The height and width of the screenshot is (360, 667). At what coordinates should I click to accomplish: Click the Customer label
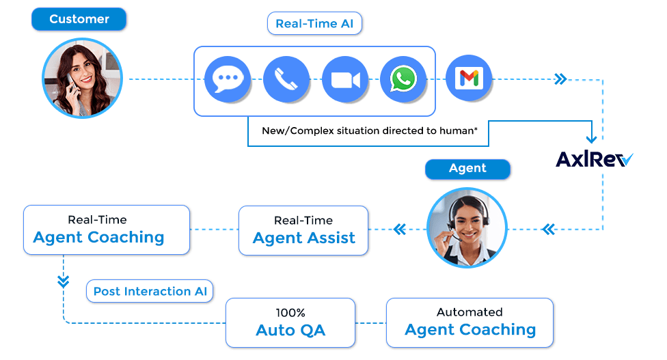coord(79,19)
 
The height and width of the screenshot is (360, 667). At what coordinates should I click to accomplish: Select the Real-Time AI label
coord(314,24)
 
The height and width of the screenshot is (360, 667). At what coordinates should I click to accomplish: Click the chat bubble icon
coord(228,79)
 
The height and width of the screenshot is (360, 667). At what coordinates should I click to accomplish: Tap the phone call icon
coord(286,79)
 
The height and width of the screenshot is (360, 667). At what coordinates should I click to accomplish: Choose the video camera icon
coord(345,79)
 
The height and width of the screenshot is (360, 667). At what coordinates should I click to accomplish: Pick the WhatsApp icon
coord(403,79)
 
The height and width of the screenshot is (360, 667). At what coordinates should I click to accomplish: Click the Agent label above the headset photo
coord(467,169)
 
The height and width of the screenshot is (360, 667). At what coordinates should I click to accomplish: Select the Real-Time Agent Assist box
coord(303,230)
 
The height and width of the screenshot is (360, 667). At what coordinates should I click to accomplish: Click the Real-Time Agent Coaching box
coord(106,230)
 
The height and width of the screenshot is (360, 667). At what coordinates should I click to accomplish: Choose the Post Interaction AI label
coord(150,291)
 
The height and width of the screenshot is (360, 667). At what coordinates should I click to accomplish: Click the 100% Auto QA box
coord(290,322)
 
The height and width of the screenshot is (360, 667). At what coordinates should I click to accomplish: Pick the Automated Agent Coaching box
coord(470,322)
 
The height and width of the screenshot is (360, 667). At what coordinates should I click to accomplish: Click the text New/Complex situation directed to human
coord(369,130)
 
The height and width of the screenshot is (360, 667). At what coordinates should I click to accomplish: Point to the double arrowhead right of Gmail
coord(560,79)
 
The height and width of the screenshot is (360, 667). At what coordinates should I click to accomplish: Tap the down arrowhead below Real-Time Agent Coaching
coord(64,280)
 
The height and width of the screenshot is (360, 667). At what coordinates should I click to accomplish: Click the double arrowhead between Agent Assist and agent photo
coord(399,230)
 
